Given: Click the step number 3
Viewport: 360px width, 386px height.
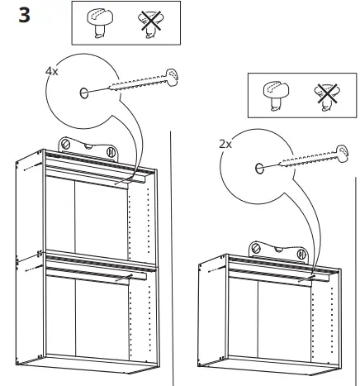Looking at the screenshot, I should tap(23, 17).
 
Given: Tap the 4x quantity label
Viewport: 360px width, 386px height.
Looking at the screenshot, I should tap(52, 72).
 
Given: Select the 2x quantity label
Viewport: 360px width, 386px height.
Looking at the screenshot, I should tap(225, 143).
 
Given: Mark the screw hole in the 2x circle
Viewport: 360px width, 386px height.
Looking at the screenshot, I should tap(259, 169).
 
